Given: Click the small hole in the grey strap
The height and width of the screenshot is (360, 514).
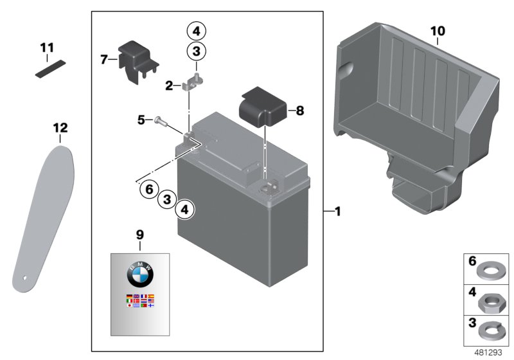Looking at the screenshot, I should (x=26, y=279).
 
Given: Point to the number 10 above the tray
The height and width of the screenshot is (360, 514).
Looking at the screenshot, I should (x=438, y=30).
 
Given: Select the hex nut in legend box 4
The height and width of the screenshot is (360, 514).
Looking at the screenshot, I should (x=488, y=300).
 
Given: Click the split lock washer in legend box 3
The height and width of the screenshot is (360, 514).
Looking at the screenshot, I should (x=488, y=332).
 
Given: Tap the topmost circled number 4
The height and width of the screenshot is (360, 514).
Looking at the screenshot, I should (x=196, y=30).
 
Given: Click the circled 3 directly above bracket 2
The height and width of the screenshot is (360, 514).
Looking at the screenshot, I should (x=196, y=51).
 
